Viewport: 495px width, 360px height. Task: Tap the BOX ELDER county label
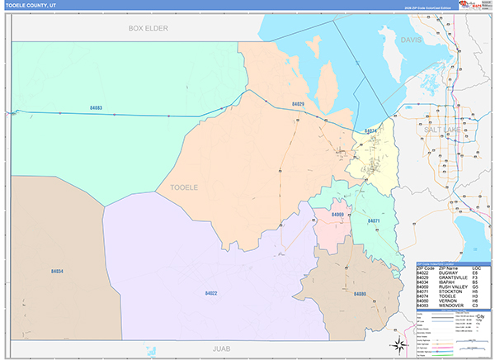point(148,28)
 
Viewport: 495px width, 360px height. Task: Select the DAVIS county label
point(411,40)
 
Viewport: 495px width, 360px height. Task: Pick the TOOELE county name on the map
point(184,187)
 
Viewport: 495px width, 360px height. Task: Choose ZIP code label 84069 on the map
point(337,215)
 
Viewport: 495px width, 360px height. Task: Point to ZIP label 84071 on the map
point(374,221)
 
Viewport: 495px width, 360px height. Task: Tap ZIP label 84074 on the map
point(370,130)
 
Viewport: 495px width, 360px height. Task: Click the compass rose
point(398,343)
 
